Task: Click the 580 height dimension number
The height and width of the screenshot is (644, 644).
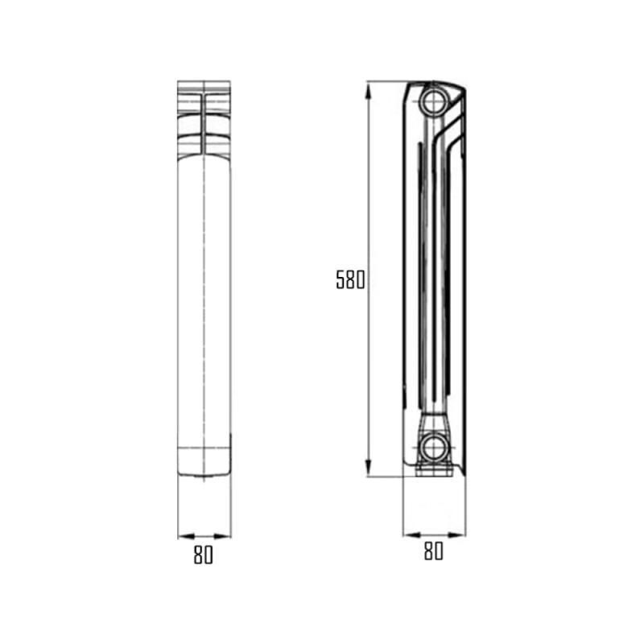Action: [x=350, y=280]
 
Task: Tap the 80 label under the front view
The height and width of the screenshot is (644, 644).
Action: [x=203, y=555]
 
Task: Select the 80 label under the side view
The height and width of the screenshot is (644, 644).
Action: [x=433, y=551]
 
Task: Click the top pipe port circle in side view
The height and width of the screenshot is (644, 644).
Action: [x=434, y=101]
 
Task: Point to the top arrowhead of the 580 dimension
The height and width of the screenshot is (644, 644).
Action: [x=367, y=87]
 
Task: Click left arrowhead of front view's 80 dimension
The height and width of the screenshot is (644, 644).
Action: [x=181, y=535]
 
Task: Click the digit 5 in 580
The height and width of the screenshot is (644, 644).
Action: [x=341, y=280]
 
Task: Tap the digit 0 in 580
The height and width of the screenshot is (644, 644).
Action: [x=361, y=280]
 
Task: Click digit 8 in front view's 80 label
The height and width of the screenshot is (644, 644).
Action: [x=197, y=555]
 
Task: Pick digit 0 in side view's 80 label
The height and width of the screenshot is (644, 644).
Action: [x=439, y=551]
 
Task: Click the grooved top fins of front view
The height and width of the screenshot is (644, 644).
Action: [x=204, y=117]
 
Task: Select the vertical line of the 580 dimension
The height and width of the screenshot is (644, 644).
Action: [x=367, y=201]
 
